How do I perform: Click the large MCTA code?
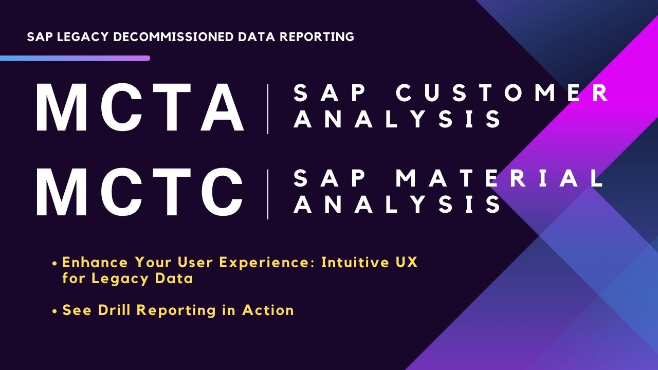139,108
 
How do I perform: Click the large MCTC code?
139,193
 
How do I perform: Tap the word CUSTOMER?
503,94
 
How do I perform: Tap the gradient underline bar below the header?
75,59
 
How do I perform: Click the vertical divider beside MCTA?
268,109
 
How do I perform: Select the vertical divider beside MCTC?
268,194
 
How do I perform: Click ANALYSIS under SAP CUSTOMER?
399,119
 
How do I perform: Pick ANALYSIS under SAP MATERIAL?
399,204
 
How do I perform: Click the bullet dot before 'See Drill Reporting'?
54,311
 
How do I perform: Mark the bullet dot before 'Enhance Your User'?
54,263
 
